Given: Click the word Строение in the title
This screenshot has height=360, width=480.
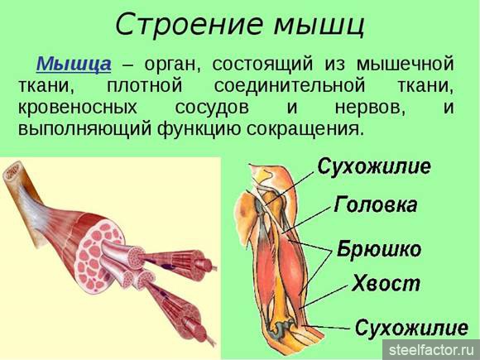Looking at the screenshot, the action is (189, 24).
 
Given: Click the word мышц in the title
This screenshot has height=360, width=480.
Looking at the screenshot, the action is (319, 26).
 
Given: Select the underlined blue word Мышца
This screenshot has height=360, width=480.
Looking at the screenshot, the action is (74, 64).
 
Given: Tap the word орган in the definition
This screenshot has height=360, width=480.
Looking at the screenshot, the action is (172, 65).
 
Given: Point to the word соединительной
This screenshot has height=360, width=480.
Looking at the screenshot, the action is (290, 86).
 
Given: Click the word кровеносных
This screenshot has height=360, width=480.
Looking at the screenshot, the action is (78, 108).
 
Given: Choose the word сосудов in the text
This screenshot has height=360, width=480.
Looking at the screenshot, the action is (212, 108).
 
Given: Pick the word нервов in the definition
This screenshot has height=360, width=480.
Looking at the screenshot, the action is (370, 108).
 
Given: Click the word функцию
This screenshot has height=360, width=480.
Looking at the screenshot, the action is (199, 129).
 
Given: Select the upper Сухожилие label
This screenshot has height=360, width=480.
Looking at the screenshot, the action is (374, 167).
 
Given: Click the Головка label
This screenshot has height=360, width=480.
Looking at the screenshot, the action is (375, 204).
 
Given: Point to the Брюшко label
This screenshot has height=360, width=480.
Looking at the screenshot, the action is (379, 249).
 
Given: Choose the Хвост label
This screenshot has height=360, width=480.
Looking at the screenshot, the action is (386, 284).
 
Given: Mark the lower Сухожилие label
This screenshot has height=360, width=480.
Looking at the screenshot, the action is (412, 328).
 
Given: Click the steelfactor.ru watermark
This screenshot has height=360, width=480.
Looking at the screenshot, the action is (431, 350).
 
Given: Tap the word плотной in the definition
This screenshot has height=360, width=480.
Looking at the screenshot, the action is (145, 86).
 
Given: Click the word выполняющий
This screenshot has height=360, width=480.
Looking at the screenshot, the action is (84, 129).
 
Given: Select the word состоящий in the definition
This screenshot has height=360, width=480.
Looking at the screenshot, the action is (263, 65).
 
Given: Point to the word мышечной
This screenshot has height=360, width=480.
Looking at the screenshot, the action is (405, 65).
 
